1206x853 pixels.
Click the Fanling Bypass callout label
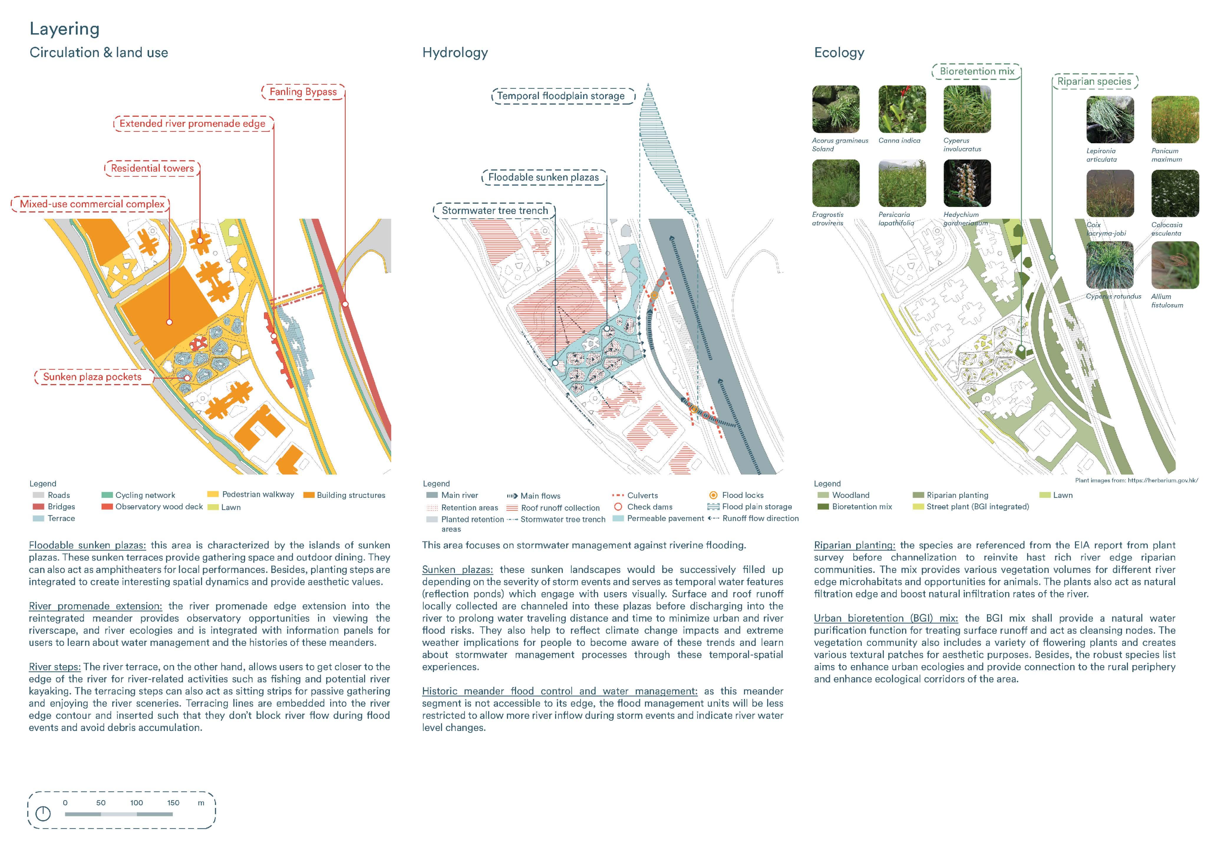click(303, 92)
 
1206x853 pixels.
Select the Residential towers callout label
click(152, 168)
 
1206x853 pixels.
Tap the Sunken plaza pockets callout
click(93, 377)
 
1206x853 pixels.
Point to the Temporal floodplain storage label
click(561, 96)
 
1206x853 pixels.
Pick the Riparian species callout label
click(1094, 81)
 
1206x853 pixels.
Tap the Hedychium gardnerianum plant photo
click(967, 183)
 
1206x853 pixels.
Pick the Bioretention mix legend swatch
click(823, 507)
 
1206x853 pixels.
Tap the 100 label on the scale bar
click(136, 803)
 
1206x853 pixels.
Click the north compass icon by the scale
click(43, 814)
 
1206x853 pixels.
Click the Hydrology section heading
click(455, 52)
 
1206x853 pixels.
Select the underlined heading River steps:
click(55, 667)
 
